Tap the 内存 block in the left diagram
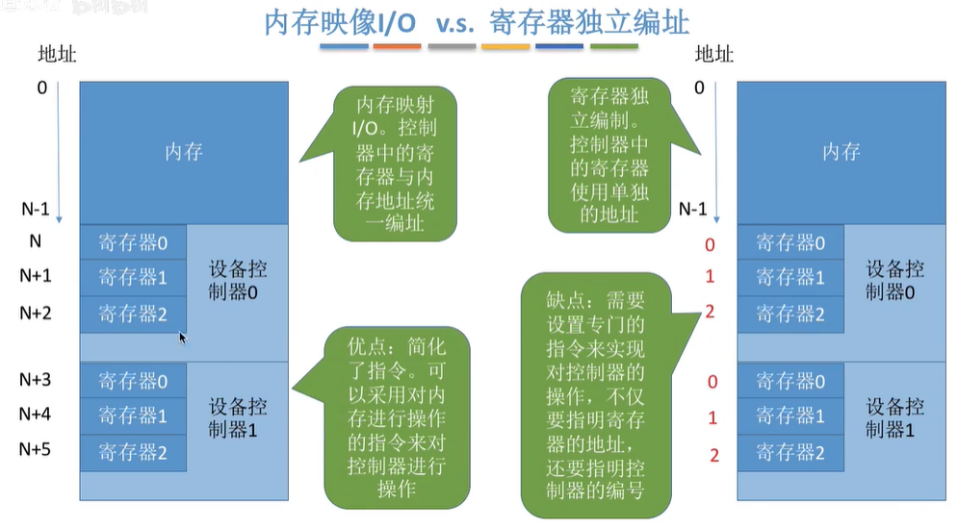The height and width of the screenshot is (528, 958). (x=183, y=152)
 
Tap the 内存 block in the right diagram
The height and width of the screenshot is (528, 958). (x=841, y=152)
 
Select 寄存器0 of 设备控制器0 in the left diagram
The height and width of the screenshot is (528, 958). (x=133, y=242)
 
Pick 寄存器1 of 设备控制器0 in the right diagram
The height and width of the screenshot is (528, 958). (x=790, y=278)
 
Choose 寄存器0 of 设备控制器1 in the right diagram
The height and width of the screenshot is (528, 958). (x=790, y=381)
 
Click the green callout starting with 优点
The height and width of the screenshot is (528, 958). (x=398, y=418)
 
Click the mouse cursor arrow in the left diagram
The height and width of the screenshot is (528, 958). (x=182, y=337)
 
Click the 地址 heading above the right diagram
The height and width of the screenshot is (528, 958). (x=714, y=54)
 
